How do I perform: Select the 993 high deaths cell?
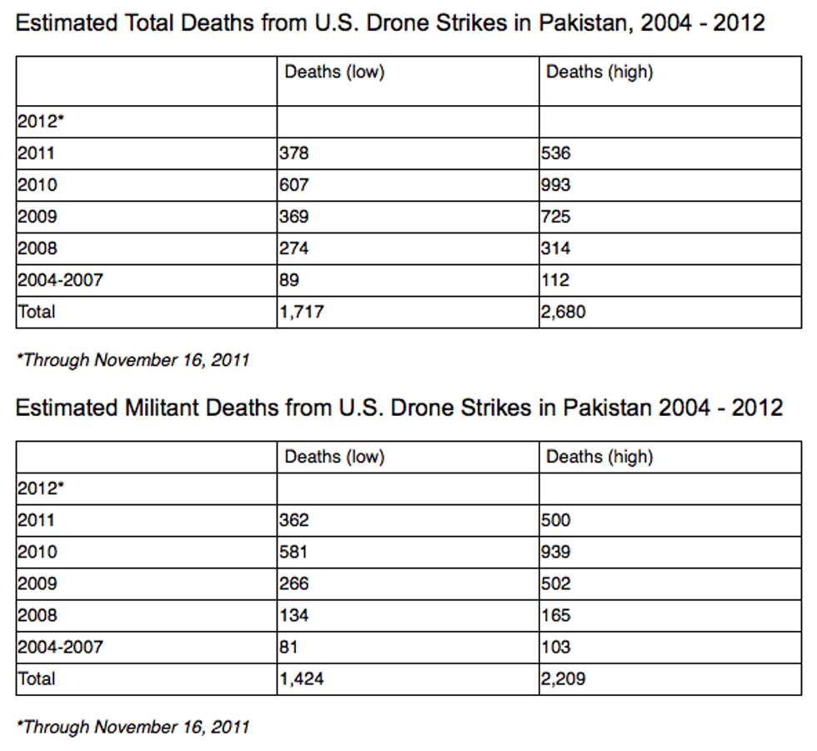click(556, 185)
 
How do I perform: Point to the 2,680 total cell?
click(564, 313)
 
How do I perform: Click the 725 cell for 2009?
click(556, 217)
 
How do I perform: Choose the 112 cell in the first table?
click(555, 280)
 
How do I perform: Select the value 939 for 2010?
click(556, 552)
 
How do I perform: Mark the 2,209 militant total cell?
click(564, 679)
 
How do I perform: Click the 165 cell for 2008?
click(555, 615)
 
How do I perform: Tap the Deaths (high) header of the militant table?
click(599, 457)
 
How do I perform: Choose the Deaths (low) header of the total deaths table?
click(334, 72)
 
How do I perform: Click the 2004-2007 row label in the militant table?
click(60, 647)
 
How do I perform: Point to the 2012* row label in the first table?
click(40, 122)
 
